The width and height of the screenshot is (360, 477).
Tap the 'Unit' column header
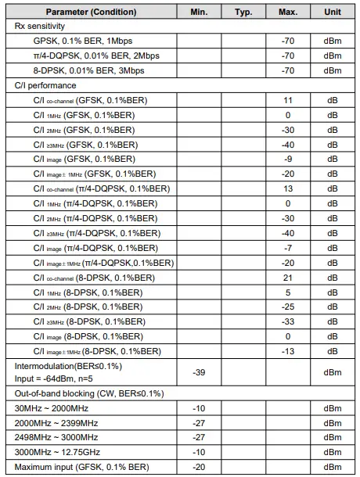pos(333,13)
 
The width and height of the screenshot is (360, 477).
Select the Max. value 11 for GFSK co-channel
pos(288,100)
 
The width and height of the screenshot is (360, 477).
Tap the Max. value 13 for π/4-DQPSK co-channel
pos(288,188)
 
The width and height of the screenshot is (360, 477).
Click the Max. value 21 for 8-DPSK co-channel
pos(288,278)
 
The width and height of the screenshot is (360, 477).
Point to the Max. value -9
pos(288,160)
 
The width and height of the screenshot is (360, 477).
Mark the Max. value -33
pos(288,321)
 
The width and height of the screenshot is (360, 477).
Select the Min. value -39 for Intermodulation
pos(199,372)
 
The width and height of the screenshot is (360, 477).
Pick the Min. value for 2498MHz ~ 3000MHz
pos(199,438)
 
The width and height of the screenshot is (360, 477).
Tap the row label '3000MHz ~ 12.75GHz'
pos(57,453)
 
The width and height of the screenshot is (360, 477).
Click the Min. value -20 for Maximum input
pos(199,467)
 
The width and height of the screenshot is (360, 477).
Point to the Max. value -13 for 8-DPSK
pos(288,351)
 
